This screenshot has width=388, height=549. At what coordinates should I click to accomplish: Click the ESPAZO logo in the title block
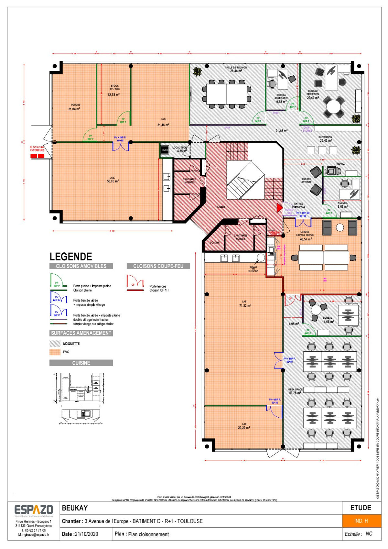coord(34,510)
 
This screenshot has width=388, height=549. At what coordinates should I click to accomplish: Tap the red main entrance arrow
coord(279,208)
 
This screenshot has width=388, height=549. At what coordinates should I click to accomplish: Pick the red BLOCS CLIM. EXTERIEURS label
coord(37,149)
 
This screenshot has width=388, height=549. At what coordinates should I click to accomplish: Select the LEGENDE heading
coord(71,257)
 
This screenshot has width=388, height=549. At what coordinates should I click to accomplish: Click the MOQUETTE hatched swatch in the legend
coord(55,344)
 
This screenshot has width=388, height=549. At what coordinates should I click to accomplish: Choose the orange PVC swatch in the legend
coord(55,352)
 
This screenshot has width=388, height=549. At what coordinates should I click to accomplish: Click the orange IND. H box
coord(361,521)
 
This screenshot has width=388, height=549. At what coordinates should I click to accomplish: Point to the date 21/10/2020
coord(86,534)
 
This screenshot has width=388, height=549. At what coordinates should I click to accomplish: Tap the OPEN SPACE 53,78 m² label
coord(295,391)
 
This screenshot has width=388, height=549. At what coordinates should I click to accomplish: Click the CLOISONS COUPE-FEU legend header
coord(158,266)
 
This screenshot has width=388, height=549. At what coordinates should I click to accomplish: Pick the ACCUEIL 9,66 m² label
coord(342,205)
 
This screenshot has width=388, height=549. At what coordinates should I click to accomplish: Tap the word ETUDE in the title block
coord(361,508)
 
